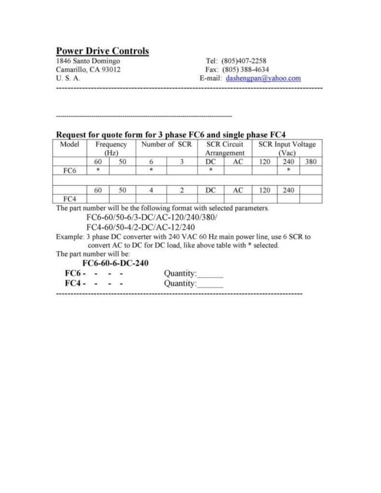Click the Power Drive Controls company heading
coord(102,51)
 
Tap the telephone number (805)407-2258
coord(244,61)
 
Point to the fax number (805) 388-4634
coord(246,70)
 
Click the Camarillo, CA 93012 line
coord(88,70)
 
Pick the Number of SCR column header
coord(166,145)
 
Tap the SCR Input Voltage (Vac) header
coord(287,148)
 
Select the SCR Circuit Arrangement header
coord(224,148)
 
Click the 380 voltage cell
coord(310,162)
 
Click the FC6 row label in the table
coord(70,170)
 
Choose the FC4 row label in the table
coord(70,199)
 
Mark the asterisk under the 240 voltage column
coord(288,170)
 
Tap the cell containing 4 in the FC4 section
coord(151,190)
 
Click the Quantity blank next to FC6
coord(210,273)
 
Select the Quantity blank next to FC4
coord(210,284)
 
